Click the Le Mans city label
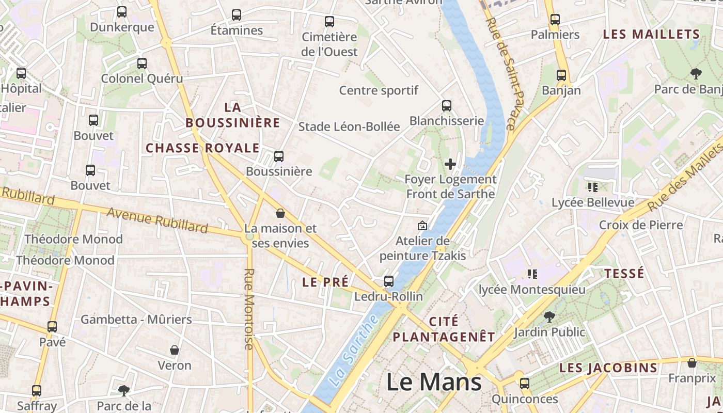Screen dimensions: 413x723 [x=434, y=382]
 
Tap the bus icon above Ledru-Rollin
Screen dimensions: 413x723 [x=388, y=281]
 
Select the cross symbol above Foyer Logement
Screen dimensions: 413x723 [x=450, y=164]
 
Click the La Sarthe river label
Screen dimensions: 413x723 [x=353, y=351]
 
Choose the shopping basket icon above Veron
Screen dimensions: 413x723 [x=175, y=350]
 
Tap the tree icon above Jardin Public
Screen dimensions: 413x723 [x=549, y=316]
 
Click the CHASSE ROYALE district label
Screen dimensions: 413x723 [x=202, y=148]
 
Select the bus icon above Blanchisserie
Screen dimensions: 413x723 [x=447, y=106]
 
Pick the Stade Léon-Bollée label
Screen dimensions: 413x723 [x=349, y=126]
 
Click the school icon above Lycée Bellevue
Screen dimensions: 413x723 [x=592, y=187]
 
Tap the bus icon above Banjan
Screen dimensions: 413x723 [x=561, y=75]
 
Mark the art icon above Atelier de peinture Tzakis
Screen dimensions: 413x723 [x=422, y=226]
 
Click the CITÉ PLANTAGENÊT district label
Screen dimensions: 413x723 [x=444, y=329]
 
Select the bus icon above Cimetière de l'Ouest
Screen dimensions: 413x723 [x=329, y=22]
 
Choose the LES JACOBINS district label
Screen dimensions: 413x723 [x=608, y=368]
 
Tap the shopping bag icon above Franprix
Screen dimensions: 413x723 [x=692, y=363]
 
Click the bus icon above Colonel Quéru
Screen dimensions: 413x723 [x=142, y=63]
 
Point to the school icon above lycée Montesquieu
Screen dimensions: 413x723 [x=532, y=274]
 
